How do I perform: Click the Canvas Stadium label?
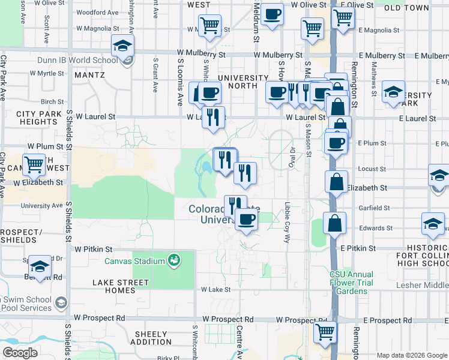(x=134, y=261)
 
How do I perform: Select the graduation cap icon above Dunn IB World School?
(x=122, y=46)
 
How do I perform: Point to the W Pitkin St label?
(x=93, y=248)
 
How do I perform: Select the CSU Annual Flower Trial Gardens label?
(x=351, y=283)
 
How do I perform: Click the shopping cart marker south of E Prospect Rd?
(x=325, y=331)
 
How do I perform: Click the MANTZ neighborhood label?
(x=90, y=75)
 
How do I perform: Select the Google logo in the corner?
(x=20, y=352)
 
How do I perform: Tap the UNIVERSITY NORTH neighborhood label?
(x=243, y=82)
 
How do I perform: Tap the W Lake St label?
(x=216, y=289)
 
